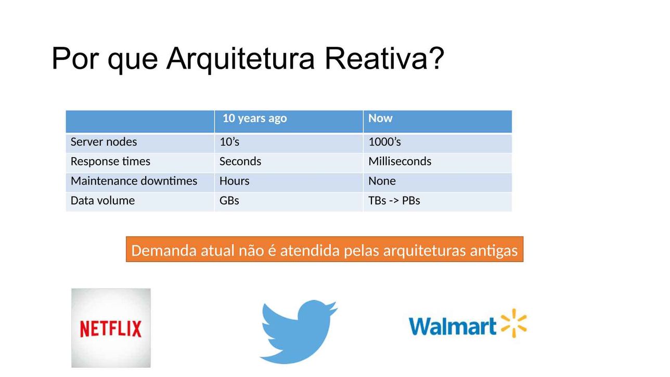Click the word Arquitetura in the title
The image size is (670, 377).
(x=240, y=59)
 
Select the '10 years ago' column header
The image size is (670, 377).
(x=255, y=119)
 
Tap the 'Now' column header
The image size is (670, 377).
(x=380, y=118)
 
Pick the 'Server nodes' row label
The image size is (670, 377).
(x=104, y=142)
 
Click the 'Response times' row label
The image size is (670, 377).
(x=110, y=161)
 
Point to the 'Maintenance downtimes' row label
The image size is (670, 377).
(x=134, y=181)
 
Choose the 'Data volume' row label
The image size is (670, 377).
(x=102, y=200)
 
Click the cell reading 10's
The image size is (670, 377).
(x=229, y=142)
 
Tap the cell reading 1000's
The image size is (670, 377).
(x=384, y=142)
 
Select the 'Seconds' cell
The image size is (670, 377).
(x=240, y=161)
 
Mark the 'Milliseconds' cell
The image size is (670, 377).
(x=400, y=161)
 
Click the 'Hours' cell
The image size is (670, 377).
(x=235, y=181)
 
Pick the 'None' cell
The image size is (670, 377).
(x=382, y=181)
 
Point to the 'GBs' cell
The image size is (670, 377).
(x=229, y=200)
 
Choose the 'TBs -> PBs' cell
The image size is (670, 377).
(x=394, y=200)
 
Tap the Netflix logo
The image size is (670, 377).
(x=111, y=328)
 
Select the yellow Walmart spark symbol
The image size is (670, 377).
(x=513, y=323)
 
